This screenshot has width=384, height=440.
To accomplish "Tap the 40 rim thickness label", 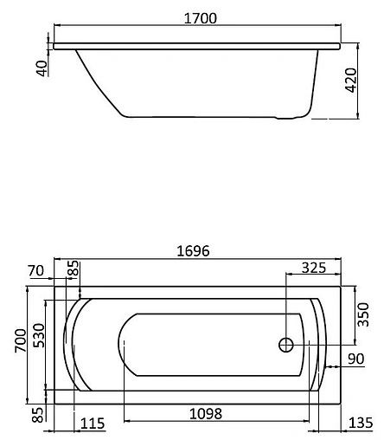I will coord(40,68).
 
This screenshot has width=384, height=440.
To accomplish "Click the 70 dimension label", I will coord(35,271).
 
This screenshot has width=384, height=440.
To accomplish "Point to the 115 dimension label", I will coord(93,424).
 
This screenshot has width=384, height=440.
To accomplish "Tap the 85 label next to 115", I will coord(36,417).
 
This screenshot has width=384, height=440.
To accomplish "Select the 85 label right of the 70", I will coord(74,271).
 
